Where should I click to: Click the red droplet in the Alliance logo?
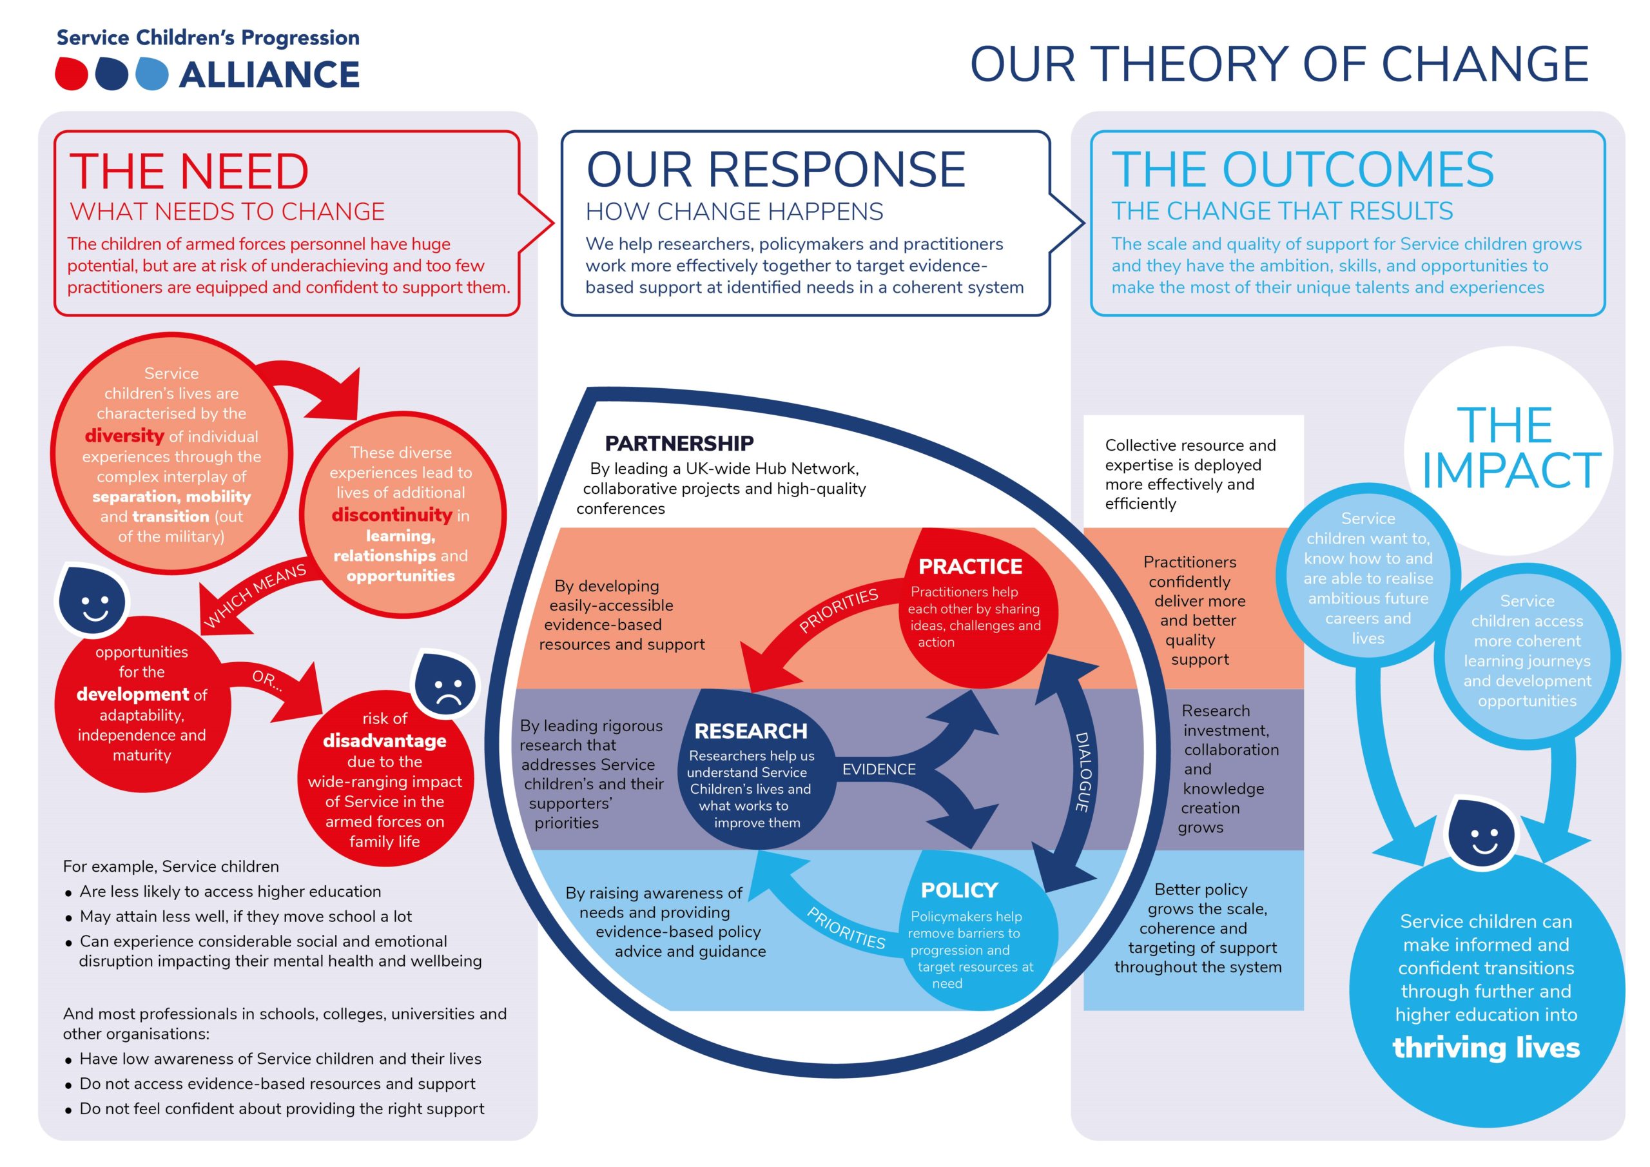pos(72,74)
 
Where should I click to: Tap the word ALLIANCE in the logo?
pos(269,75)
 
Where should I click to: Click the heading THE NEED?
pos(189,171)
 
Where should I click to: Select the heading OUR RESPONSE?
pos(775,170)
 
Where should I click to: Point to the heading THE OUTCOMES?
pos(1303,170)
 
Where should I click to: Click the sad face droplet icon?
pos(445,685)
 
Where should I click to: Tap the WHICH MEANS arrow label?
pos(255,595)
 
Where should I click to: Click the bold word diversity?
pos(124,436)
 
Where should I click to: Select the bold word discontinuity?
pos(392,515)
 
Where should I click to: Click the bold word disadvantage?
pos(385,741)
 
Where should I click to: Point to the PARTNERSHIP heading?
pos(679,443)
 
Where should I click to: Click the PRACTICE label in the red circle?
pos(970,567)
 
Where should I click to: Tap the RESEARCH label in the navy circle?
pos(751,731)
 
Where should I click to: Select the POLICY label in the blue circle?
pos(960,890)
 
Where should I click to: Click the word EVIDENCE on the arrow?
pos(879,769)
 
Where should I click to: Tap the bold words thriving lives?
pos(1486,1048)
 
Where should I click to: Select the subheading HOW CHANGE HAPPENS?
pos(735,211)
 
